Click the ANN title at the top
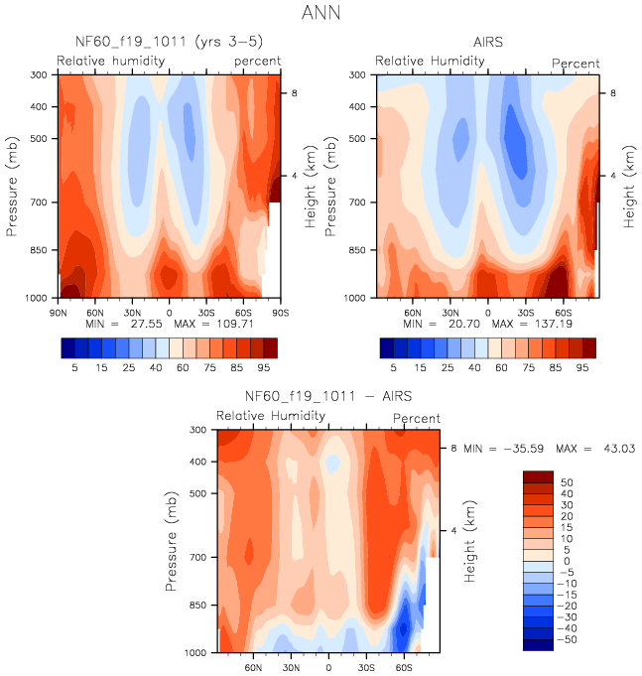[x=321, y=15]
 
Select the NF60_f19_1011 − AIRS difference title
[x=327, y=397]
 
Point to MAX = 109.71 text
[x=229, y=324]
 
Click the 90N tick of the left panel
[x=59, y=311]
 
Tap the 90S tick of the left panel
[x=280, y=311]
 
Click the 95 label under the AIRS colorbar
[x=582, y=366]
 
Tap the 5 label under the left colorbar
[x=74, y=366]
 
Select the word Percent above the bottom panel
[x=417, y=419]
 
